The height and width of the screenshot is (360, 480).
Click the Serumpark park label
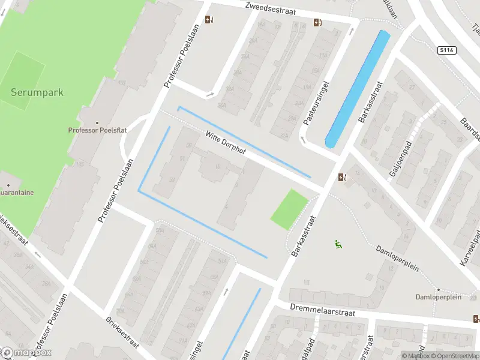tap(37, 93)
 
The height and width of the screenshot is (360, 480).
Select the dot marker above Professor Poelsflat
tap(97, 123)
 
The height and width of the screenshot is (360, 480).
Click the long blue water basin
tap(358, 89)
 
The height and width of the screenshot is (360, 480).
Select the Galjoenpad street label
tap(397, 159)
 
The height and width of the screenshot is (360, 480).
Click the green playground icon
tap(338, 244)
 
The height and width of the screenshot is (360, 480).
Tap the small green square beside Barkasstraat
tap(289, 209)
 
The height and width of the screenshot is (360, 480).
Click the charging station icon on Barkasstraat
tap(342, 177)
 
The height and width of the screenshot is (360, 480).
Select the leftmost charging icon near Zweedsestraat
tap(209, 19)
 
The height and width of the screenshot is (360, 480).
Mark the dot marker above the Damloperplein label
tap(438, 289)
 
